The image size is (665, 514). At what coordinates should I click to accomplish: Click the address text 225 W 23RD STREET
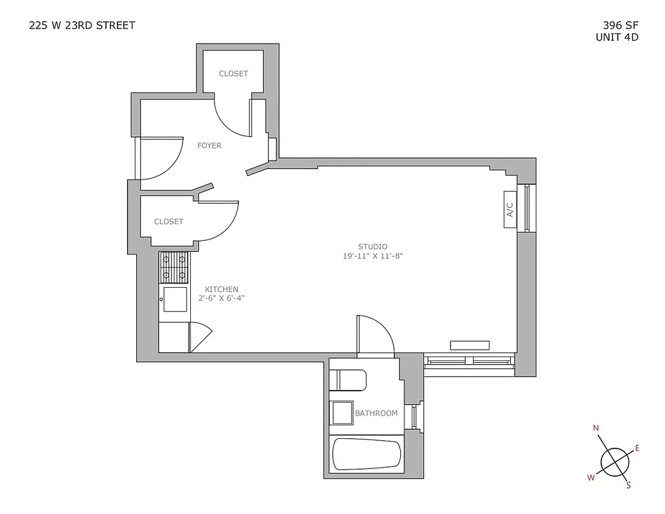(82, 26)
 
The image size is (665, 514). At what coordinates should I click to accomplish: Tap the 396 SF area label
(617, 26)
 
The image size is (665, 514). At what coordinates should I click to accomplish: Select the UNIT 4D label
(617, 37)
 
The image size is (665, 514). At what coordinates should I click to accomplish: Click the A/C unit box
(510, 209)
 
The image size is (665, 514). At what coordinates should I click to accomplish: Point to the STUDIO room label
(373, 246)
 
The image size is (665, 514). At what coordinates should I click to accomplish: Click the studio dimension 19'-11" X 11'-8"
(373, 256)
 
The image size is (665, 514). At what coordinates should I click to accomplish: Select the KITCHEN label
(222, 289)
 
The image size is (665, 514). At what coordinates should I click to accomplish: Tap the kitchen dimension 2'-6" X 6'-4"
(222, 298)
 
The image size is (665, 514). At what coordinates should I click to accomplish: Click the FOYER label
(209, 146)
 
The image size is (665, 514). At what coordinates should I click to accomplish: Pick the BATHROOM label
(377, 413)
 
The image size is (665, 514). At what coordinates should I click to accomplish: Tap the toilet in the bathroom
(348, 380)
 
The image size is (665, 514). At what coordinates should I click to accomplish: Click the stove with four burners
(175, 267)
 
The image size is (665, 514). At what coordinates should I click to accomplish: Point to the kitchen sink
(175, 299)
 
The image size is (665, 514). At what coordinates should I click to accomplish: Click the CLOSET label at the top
(233, 74)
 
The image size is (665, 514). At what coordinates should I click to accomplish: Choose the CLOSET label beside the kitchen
(169, 222)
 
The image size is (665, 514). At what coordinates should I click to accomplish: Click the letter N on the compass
(596, 429)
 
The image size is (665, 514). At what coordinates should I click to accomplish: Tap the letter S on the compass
(628, 486)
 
